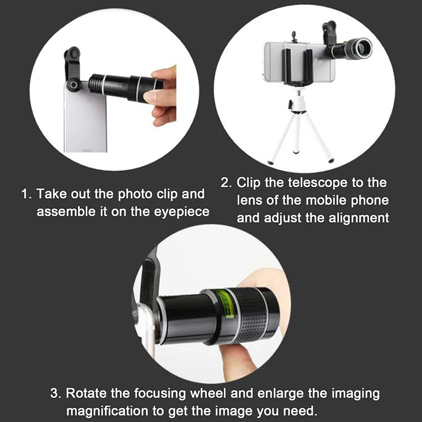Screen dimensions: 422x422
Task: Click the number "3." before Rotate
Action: pyautogui.click(x=56, y=394)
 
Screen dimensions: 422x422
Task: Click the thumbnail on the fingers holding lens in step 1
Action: pyautogui.click(x=151, y=97)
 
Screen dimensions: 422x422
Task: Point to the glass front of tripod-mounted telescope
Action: pyautogui.click(x=364, y=50)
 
